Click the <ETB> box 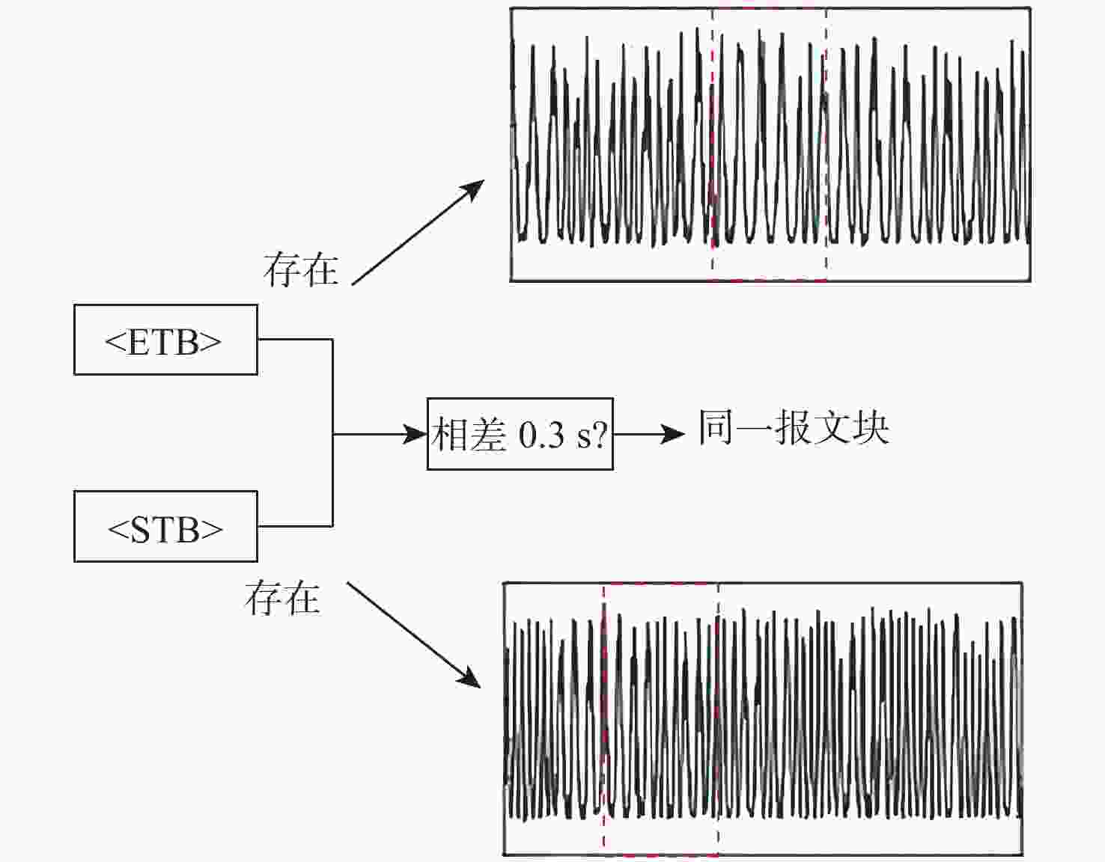[165, 340]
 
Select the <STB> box [165, 527]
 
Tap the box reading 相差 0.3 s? [520, 434]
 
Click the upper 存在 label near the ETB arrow [300, 270]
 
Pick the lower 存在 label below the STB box [282, 599]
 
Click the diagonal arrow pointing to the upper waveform [418, 232]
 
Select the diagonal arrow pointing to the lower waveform [414, 635]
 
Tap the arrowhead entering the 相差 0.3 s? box [415, 435]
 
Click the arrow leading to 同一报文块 [649, 435]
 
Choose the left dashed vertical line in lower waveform [603, 718]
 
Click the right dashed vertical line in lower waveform [718, 718]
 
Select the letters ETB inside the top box [163, 343]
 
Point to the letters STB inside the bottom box [165, 530]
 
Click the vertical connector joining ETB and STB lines [332, 432]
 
